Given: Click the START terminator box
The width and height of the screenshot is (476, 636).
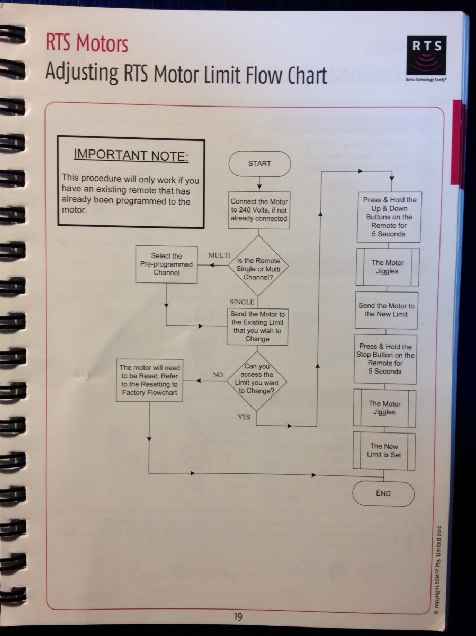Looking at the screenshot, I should coord(259,164).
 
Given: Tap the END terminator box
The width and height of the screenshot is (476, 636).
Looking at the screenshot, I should coord(383,493).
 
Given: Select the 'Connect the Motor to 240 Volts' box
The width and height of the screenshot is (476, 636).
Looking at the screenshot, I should coord(259,210).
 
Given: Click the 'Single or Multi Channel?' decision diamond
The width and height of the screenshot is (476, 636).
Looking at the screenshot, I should coord(258,265).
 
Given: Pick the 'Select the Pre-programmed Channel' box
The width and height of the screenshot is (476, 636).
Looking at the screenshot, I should coord(166,264).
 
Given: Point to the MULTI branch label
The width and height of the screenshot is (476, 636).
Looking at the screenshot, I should coord(219,255).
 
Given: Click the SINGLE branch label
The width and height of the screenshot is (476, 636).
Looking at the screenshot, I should coord(241,302).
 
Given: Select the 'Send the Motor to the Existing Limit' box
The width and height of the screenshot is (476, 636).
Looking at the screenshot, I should coord(258,326).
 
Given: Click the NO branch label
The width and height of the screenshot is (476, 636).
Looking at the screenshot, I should coord(218,374).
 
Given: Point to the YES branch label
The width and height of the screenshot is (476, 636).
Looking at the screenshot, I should coord(244,417).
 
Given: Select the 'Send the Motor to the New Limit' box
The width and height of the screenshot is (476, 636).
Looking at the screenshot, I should coord(386,310).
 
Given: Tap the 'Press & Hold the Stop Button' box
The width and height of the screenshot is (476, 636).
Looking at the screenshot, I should coord(385,359).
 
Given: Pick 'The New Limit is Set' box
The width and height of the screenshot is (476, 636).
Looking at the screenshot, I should coord(384,450).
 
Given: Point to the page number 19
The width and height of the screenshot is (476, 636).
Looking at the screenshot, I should coord(238,616).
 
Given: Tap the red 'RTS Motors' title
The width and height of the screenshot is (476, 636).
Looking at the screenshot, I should coord(87,44).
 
